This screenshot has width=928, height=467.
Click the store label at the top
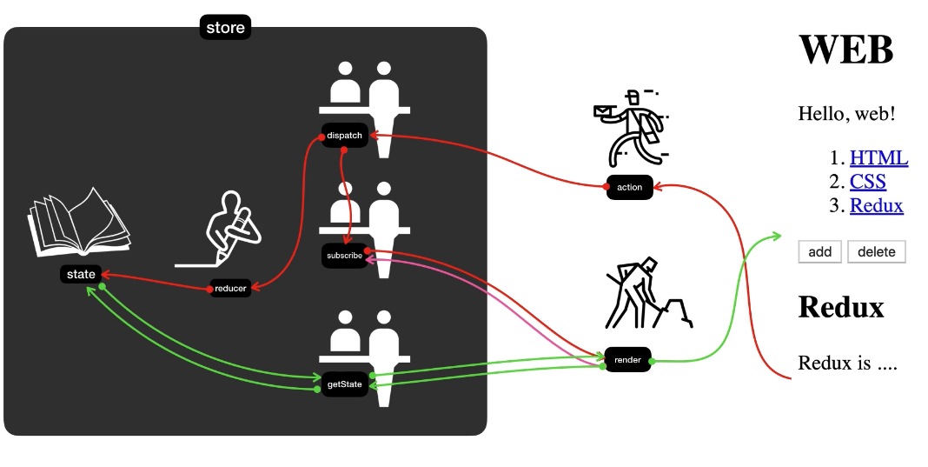click(225, 28)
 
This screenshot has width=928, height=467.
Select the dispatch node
click(345, 136)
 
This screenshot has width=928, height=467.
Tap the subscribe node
click(345, 256)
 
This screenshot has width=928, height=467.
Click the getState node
click(345, 384)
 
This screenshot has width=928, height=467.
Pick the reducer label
click(231, 289)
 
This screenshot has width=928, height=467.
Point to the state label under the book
click(81, 274)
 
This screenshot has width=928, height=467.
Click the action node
click(629, 187)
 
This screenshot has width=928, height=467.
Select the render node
click(627, 359)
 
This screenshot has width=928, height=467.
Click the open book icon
click(78, 223)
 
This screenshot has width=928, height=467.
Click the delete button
click(876, 252)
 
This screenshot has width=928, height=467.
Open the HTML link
click(878, 158)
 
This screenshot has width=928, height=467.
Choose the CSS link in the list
click(867, 182)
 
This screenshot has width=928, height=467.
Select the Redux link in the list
click(876, 206)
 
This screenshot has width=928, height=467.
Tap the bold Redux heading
click(840, 307)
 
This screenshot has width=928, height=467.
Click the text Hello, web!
click(845, 113)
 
